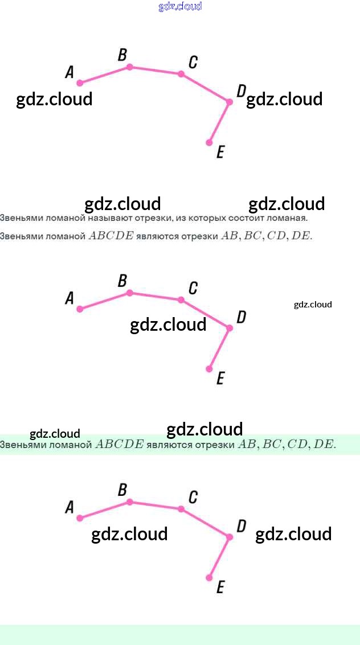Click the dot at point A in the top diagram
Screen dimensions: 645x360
click(80, 83)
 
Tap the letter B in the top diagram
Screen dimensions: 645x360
click(122, 55)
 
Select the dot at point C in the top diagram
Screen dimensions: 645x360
click(181, 74)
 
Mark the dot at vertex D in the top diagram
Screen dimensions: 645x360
click(230, 102)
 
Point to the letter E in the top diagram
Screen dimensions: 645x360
click(220, 152)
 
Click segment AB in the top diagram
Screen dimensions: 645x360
click(105, 75)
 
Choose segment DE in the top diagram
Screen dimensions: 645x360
click(219, 122)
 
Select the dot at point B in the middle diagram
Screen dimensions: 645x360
click(130, 293)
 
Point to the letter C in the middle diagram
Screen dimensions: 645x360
click(193, 289)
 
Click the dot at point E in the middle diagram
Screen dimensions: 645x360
click(209, 369)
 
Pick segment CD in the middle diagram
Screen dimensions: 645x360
click(205, 314)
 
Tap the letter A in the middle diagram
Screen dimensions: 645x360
click(69, 298)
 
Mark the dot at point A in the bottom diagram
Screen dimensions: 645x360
click(80, 518)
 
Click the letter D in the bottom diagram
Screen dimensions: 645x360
click(241, 526)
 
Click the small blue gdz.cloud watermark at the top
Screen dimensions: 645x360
click(180, 7)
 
